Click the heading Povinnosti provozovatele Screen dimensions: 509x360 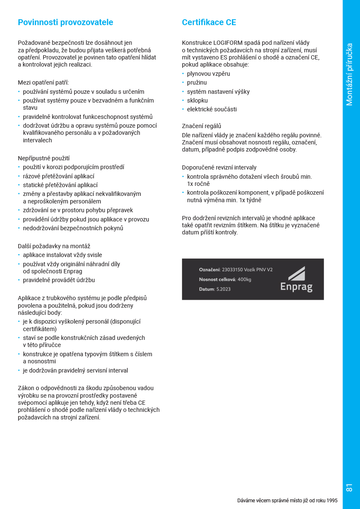pos(65,22)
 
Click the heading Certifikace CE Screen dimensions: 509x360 pos(209,22)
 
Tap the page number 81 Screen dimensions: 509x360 pos(350,488)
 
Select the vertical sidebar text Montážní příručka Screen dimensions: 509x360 pos(350,75)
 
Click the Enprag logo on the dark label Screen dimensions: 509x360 pos(296,279)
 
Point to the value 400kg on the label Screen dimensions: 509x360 pos(244,279)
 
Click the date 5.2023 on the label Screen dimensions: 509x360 pos(224,289)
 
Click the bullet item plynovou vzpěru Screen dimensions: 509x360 pos(208,74)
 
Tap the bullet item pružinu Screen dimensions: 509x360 pos(197,82)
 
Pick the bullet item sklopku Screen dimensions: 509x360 pos(197,100)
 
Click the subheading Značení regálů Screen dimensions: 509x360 pos(201,126)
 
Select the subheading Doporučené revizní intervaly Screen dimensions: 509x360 pos(219,167)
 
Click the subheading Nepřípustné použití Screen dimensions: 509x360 pos(44,158)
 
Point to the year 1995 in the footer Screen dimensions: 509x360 pos(332,500)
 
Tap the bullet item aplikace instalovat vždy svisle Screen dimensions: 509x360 pos(62,255)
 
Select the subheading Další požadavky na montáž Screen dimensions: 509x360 pos(54,246)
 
